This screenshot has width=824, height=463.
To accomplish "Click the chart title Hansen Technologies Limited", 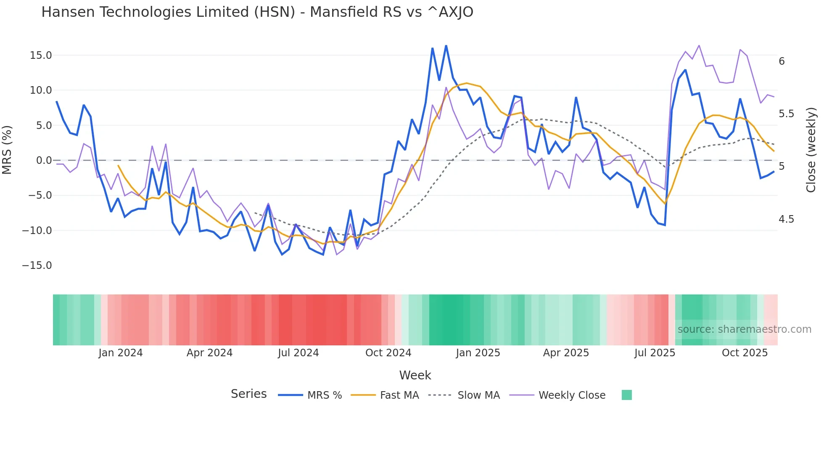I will tap(257, 12).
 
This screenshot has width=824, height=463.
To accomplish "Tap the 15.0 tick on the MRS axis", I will tap(41, 55).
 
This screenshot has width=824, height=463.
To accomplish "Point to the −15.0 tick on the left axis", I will tap(37, 266).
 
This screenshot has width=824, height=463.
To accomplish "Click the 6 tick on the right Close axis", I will tap(782, 61).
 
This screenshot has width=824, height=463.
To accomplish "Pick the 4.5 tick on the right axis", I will tap(786, 219).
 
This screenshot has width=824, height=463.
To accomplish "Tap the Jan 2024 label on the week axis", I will tap(121, 353).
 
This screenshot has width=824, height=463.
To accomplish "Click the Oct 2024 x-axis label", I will tap(388, 353).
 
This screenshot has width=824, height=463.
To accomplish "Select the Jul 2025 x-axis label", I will tap(655, 353).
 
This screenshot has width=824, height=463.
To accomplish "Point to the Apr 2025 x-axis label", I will tap(566, 353).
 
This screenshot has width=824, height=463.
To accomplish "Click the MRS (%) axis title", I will tap(7, 150).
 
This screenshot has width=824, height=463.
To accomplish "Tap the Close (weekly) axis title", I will tap(811, 150).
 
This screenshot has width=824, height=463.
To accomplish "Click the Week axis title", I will tap(415, 375).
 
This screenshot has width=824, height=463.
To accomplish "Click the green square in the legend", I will tap(626, 395).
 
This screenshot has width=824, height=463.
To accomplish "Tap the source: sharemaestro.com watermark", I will tap(744, 329).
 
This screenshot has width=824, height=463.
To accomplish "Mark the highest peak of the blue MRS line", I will tap(446, 46).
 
